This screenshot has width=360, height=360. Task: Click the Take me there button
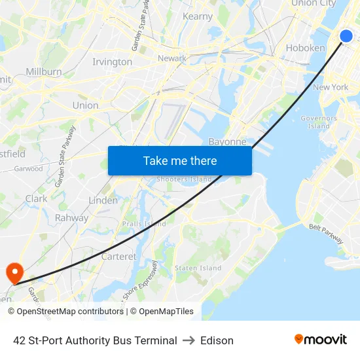(x=180, y=160)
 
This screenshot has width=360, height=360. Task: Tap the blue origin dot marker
(x=346, y=36)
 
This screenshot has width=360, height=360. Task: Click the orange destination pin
(x=14, y=272)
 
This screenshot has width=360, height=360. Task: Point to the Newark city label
(x=172, y=58)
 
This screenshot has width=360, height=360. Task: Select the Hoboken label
(x=305, y=48)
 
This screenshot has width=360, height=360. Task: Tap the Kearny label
(x=198, y=16)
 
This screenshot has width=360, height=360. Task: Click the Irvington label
(x=112, y=62)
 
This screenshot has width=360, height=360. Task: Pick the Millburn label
(x=44, y=71)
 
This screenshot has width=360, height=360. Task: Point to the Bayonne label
(x=227, y=141)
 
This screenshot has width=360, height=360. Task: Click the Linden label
(x=103, y=200)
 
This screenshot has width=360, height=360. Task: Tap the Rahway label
(x=71, y=218)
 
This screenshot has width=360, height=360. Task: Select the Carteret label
(x=118, y=257)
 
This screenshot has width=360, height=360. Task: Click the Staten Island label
(x=198, y=268)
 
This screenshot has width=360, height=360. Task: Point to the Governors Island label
(x=319, y=122)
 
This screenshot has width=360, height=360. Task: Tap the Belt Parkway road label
(x=326, y=232)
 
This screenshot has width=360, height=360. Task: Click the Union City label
(x=313, y=3)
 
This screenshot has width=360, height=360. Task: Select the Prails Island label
(x=144, y=224)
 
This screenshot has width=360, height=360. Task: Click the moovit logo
(x=321, y=340)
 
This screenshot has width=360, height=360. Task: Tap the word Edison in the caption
(x=217, y=340)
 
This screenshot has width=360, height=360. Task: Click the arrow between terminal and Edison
(x=189, y=340)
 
